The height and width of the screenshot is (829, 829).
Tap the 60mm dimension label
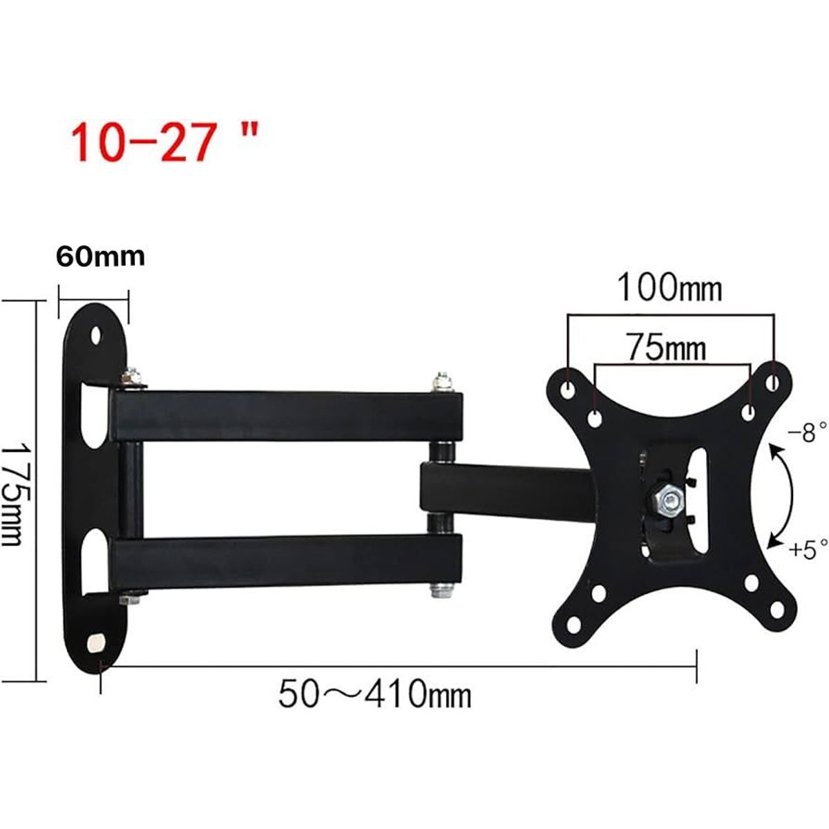click(100, 256)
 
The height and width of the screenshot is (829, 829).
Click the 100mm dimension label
click(669, 287)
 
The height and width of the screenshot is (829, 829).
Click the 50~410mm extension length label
click(375, 694)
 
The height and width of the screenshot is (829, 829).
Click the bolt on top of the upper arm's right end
click(440, 382)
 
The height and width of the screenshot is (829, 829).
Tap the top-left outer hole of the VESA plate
click(568, 390)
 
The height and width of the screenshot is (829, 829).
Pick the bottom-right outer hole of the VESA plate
click(777, 609)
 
